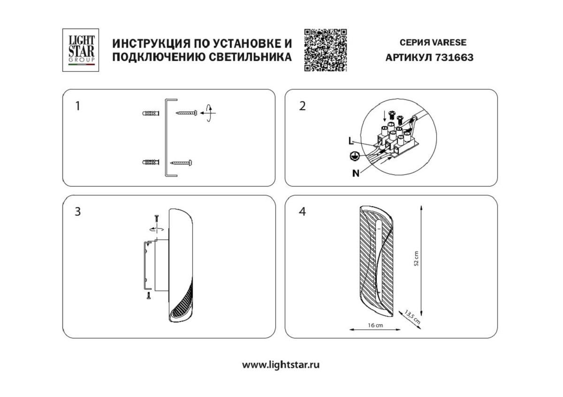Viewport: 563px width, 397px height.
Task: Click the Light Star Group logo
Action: click(x=81, y=50)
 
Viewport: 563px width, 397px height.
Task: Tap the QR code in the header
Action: click(x=325, y=50)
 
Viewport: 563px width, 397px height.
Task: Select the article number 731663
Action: click(x=455, y=58)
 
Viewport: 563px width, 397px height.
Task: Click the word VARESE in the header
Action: click(x=449, y=42)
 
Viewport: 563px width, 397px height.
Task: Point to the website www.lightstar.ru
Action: click(x=281, y=365)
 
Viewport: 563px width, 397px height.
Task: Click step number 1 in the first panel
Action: click(x=78, y=106)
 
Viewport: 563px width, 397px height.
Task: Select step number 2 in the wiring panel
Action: click(x=302, y=106)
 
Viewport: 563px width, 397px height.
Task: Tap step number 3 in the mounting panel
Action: click(x=78, y=211)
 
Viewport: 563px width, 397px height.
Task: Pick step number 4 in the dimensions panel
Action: click(x=302, y=211)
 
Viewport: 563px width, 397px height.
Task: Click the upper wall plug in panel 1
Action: click(x=150, y=113)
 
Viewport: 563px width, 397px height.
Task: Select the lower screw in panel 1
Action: click(x=181, y=163)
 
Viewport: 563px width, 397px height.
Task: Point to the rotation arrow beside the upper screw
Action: click(x=208, y=113)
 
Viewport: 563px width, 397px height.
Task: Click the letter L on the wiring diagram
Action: click(x=350, y=140)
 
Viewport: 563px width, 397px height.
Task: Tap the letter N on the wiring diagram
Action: click(x=356, y=173)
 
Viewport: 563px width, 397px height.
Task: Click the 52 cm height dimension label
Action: click(x=416, y=259)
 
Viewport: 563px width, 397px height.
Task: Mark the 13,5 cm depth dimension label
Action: click(x=412, y=317)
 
